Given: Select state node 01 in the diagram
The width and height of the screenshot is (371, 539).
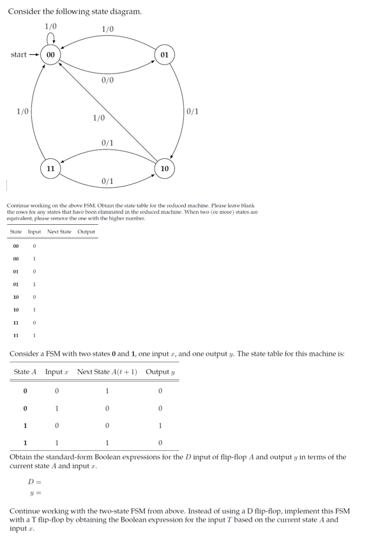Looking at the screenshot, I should (x=164, y=55).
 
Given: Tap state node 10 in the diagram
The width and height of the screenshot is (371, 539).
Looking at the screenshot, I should (x=164, y=168).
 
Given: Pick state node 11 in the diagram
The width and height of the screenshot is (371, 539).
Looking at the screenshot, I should (x=50, y=168).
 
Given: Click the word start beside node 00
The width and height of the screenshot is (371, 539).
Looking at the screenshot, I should (x=19, y=55).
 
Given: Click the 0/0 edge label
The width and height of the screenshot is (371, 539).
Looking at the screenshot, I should (x=107, y=80).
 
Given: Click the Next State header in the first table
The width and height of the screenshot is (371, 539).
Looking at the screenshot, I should (x=59, y=232).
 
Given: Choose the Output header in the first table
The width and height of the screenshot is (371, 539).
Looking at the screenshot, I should (x=86, y=232).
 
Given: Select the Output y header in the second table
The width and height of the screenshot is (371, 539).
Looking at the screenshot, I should (x=160, y=372).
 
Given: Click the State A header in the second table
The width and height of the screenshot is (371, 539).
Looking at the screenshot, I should (x=25, y=372).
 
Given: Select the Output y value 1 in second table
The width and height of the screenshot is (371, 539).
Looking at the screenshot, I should (x=160, y=426).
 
